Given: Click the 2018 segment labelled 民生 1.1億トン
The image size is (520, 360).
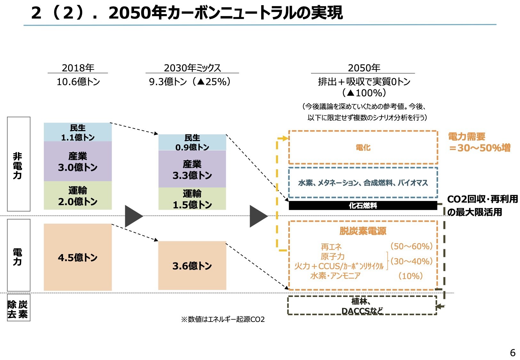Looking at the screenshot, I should [x=78, y=132].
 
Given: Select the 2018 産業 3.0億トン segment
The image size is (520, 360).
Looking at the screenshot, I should [x=78, y=161].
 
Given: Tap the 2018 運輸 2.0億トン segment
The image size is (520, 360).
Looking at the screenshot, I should [x=78, y=196].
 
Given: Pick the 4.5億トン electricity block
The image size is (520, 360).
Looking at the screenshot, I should [x=78, y=257].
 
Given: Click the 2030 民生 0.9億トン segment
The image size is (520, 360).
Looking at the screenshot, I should [x=192, y=142].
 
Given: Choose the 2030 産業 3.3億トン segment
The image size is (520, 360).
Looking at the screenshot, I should [x=192, y=169].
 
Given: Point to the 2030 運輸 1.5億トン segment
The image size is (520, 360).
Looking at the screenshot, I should [x=192, y=199].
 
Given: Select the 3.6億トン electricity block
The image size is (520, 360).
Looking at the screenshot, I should [x=192, y=266].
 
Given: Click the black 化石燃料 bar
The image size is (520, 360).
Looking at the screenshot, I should [x=363, y=205].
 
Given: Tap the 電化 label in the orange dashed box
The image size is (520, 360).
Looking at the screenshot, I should [x=363, y=148].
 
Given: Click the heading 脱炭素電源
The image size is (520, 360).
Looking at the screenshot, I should [x=363, y=231].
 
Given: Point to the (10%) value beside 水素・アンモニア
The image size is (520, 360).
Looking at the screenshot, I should [x=411, y=276].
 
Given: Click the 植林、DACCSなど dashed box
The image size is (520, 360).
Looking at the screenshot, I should [x=362, y=306].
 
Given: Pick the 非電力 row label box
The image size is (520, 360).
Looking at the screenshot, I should [x=19, y=164].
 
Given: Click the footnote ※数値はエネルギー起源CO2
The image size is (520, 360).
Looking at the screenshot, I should [x=223, y=319].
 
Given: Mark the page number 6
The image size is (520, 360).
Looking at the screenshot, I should [x=512, y=353].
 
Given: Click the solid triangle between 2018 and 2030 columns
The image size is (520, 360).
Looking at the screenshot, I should [x=133, y=216].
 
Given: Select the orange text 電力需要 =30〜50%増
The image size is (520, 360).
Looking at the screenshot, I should [x=479, y=142].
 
